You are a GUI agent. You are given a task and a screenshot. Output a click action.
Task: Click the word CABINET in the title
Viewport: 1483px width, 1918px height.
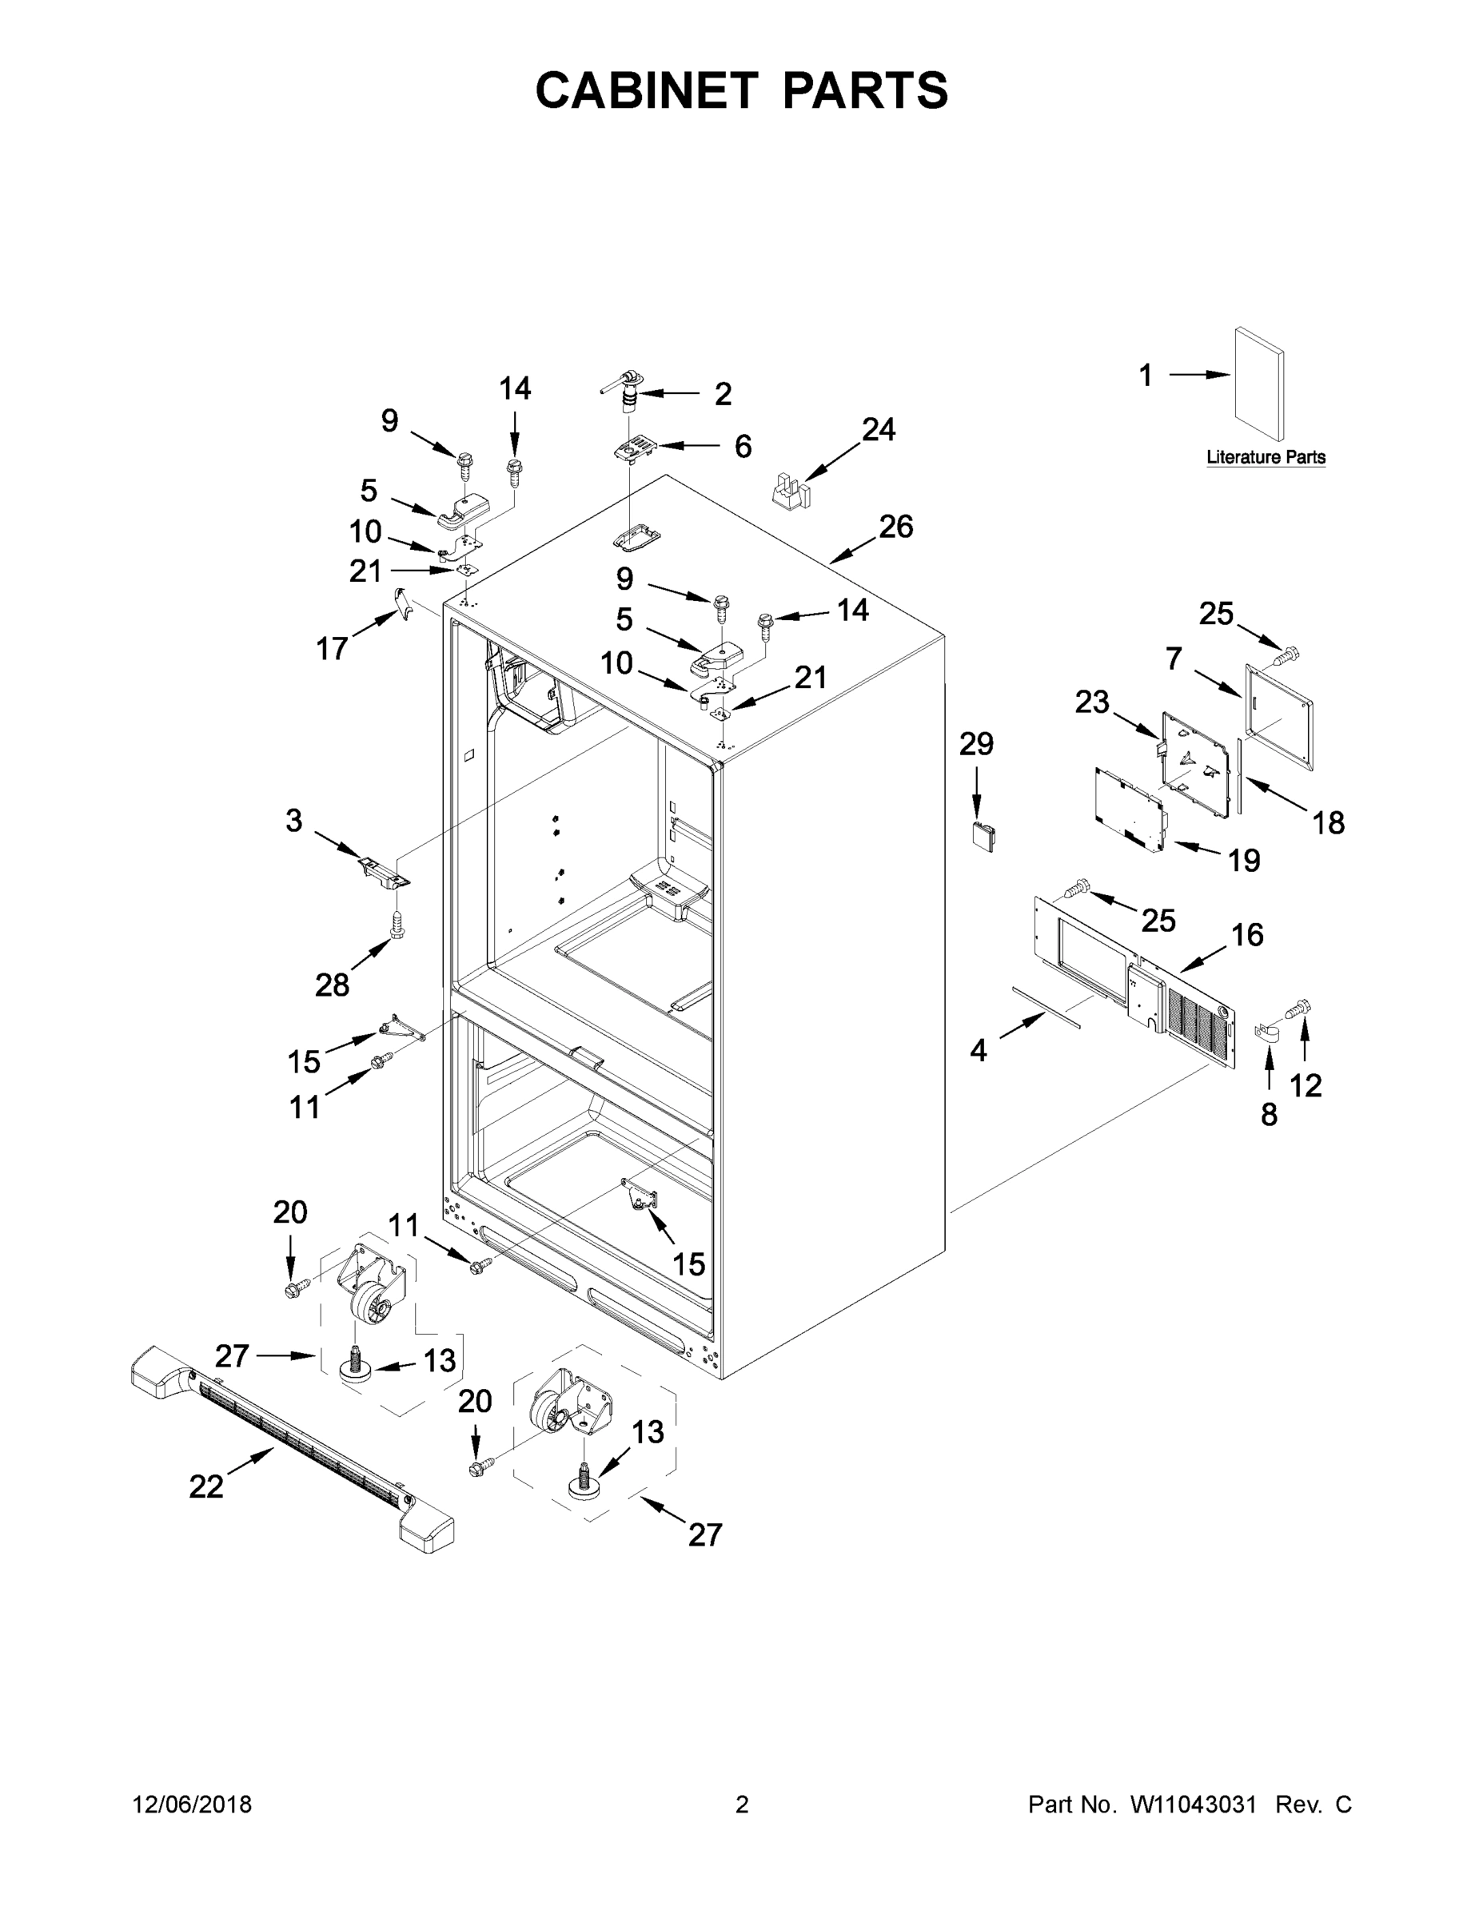[647, 90]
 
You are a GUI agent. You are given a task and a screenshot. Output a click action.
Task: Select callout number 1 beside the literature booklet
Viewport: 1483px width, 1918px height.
[1146, 376]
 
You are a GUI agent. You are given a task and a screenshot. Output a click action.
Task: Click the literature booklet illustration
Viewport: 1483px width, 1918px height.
[1259, 384]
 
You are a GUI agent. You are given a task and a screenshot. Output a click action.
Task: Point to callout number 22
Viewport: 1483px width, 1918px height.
[206, 1486]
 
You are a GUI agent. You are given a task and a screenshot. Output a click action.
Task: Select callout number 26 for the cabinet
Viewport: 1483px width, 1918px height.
[896, 527]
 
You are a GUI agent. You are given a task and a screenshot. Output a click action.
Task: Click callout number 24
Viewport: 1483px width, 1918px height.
[878, 429]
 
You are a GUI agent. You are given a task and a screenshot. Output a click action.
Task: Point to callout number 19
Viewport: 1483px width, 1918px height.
[1244, 860]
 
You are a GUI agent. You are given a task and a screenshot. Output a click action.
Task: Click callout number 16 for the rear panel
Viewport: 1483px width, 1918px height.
[1246, 934]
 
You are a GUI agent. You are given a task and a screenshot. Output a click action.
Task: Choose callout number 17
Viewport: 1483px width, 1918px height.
[332, 648]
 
